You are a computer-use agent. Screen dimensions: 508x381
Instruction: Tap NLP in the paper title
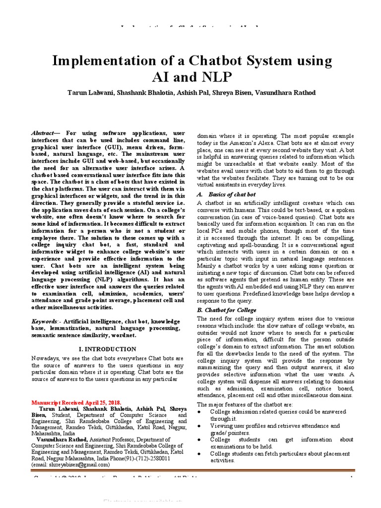click(x=212, y=77)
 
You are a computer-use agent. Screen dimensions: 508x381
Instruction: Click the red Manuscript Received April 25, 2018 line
click(x=76, y=402)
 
